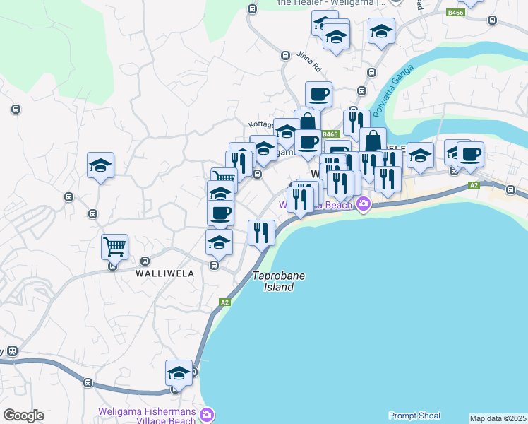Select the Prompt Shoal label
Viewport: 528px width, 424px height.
tap(414, 416)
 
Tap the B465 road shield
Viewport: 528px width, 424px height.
tap(331, 134)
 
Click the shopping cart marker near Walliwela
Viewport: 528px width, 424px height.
tap(114, 247)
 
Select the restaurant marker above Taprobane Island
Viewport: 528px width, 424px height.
tap(261, 232)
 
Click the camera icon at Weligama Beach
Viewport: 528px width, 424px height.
tap(364, 205)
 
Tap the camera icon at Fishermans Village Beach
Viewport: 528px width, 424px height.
tap(206, 414)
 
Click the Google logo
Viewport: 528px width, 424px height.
tap(23, 416)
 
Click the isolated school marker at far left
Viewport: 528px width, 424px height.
tap(100, 166)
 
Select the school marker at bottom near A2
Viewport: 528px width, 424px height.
tap(179, 373)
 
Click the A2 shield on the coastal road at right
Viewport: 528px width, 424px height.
tap(474, 185)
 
